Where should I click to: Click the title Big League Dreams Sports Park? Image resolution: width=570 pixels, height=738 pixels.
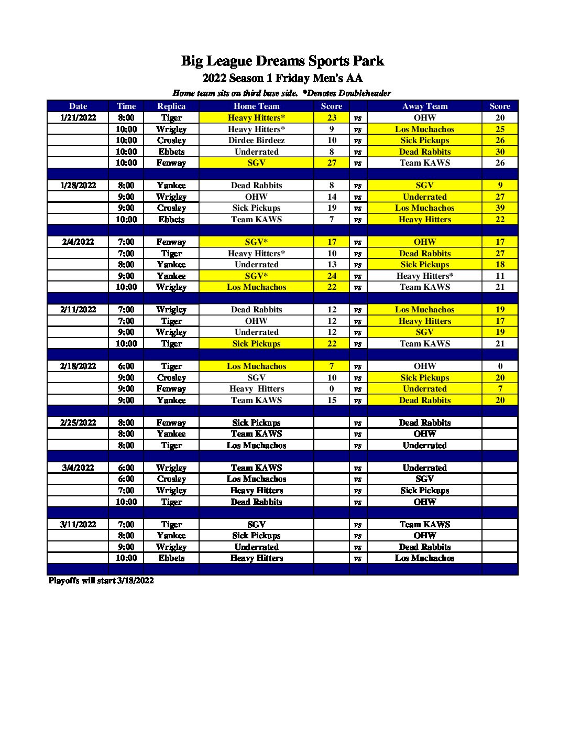click(282, 61)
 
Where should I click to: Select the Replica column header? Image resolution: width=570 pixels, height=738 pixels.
click(171, 106)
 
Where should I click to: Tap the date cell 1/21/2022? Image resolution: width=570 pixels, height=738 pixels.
click(78, 118)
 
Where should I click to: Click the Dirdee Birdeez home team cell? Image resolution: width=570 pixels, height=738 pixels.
click(256, 140)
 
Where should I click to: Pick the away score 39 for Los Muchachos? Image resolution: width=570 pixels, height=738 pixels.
click(500, 208)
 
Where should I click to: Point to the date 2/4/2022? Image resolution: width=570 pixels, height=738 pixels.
click(78, 242)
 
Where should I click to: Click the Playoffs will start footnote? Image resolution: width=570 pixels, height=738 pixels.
click(101, 581)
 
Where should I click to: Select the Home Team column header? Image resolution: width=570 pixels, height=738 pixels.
click(256, 106)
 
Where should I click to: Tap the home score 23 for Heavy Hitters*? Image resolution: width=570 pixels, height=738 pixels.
click(332, 118)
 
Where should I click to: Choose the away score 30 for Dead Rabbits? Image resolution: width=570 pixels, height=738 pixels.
click(500, 152)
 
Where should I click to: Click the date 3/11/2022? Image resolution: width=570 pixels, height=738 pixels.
click(78, 525)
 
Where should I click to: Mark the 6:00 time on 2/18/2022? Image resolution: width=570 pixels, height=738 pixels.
click(126, 366)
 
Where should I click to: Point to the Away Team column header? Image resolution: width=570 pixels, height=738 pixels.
click(424, 106)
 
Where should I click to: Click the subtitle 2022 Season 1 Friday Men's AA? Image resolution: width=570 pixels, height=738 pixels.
click(282, 79)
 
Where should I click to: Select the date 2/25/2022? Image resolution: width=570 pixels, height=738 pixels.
click(78, 423)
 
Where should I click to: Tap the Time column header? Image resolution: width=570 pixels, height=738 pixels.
click(126, 106)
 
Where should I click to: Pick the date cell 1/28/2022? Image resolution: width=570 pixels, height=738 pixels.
click(78, 186)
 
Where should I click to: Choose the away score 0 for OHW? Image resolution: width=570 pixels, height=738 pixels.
click(500, 366)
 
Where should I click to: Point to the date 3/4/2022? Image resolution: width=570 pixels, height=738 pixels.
click(78, 468)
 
